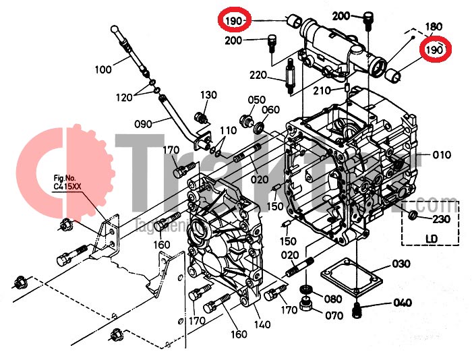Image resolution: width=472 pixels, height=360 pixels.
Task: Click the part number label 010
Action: click(x=442, y=155)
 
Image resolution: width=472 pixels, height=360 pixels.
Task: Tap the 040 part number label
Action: click(x=402, y=303)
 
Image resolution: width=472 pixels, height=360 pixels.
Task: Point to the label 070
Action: click(x=334, y=315)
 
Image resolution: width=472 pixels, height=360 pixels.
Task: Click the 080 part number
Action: click(x=333, y=299)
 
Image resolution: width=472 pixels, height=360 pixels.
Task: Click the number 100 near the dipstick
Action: click(x=103, y=69)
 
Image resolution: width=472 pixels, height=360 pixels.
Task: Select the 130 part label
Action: click(x=208, y=95)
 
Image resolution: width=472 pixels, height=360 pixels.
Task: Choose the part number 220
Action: click(x=258, y=75)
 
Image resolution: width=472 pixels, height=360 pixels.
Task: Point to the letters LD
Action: click(x=432, y=238)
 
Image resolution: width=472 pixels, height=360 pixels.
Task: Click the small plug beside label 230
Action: click(x=414, y=216)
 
